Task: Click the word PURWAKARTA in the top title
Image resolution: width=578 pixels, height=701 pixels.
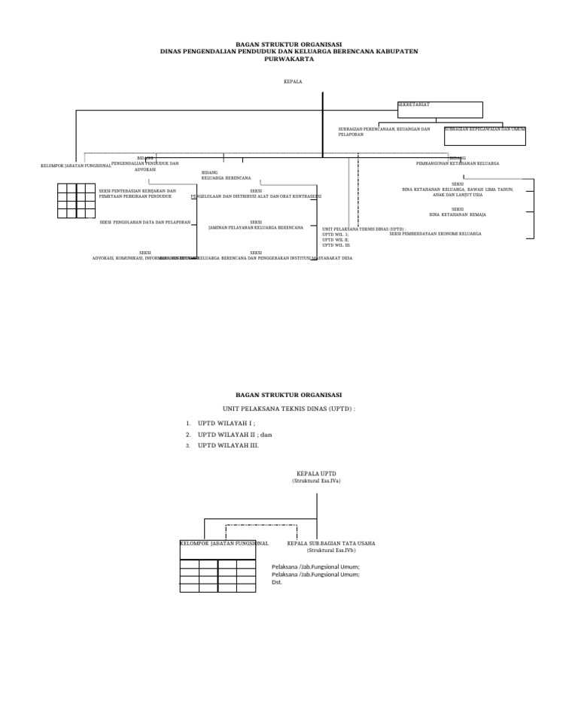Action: tap(289, 59)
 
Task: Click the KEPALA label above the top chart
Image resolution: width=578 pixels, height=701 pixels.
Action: tap(293, 81)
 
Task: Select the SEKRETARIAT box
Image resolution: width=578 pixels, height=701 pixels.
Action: tap(440, 110)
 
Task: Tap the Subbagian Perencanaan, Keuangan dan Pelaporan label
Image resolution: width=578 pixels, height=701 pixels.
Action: tap(384, 132)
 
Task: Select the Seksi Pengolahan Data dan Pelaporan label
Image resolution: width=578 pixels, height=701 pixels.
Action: tap(145, 223)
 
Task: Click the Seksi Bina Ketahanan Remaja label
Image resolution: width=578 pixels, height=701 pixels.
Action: tap(458, 212)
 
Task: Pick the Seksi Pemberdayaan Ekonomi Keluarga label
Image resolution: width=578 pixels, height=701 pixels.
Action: tap(435, 234)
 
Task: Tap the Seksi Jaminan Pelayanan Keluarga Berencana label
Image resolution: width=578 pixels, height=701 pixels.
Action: tap(256, 225)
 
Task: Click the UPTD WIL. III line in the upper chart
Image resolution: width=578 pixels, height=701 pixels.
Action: tap(336, 245)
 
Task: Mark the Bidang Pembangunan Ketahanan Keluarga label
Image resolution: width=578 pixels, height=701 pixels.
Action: tap(458, 161)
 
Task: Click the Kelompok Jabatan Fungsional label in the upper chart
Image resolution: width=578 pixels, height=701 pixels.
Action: tap(76, 165)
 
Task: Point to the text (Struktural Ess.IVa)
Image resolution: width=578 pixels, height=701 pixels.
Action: tap(316, 481)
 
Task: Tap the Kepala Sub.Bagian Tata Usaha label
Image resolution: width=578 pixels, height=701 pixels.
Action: tap(331, 542)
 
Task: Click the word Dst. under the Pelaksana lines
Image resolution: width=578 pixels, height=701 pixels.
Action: tap(277, 582)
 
